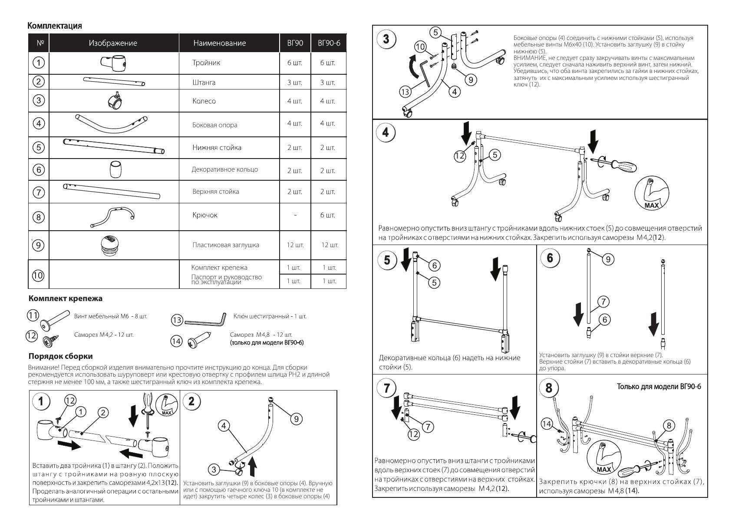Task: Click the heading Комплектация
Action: coord(55,26)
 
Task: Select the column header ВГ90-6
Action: coord(329,43)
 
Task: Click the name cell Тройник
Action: coord(206,63)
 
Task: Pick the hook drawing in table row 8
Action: coord(113,216)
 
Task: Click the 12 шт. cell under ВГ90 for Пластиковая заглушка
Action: coord(295,245)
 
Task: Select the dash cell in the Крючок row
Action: coord(295,215)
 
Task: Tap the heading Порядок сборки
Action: coord(60,356)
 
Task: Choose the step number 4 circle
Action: coord(386,132)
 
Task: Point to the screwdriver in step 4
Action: coord(623,165)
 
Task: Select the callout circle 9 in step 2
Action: coord(296,418)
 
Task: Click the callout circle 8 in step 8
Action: coord(669,425)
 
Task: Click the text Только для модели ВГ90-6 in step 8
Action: coord(659,387)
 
